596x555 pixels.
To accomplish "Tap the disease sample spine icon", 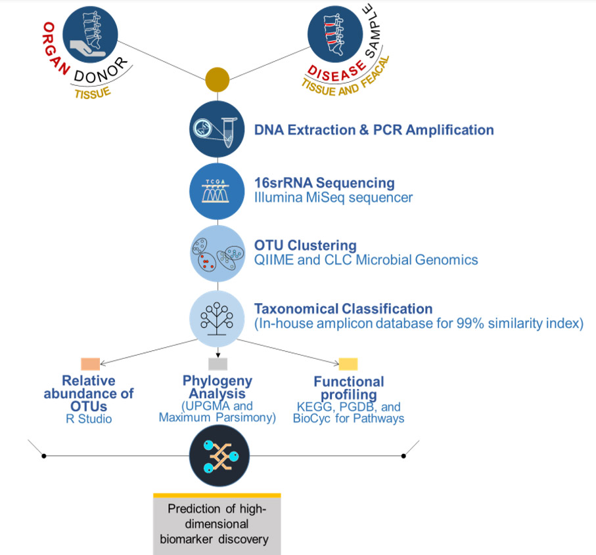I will point(336,37).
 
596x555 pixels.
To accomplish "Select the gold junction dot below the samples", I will point(217,79).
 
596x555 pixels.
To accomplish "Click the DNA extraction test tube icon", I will point(217,128).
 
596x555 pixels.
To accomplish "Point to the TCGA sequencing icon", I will point(217,191).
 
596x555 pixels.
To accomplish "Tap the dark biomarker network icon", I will point(217,455).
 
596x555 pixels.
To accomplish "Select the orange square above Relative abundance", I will point(90,363).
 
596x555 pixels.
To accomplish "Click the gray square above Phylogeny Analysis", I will point(218,364).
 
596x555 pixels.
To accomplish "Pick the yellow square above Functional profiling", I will point(348,365).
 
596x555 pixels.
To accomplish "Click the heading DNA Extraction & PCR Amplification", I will point(374,130).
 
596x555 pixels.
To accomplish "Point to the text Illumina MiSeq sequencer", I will point(334,197).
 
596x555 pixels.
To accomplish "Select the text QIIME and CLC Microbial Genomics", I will point(366,260).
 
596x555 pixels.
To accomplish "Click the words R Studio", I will point(89,419).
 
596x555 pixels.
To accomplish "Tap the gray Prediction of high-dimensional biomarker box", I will point(217,525).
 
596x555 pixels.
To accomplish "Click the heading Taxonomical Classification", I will point(344,308).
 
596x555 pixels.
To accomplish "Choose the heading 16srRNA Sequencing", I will point(325,182).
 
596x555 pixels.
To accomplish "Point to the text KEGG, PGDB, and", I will point(348,407).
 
